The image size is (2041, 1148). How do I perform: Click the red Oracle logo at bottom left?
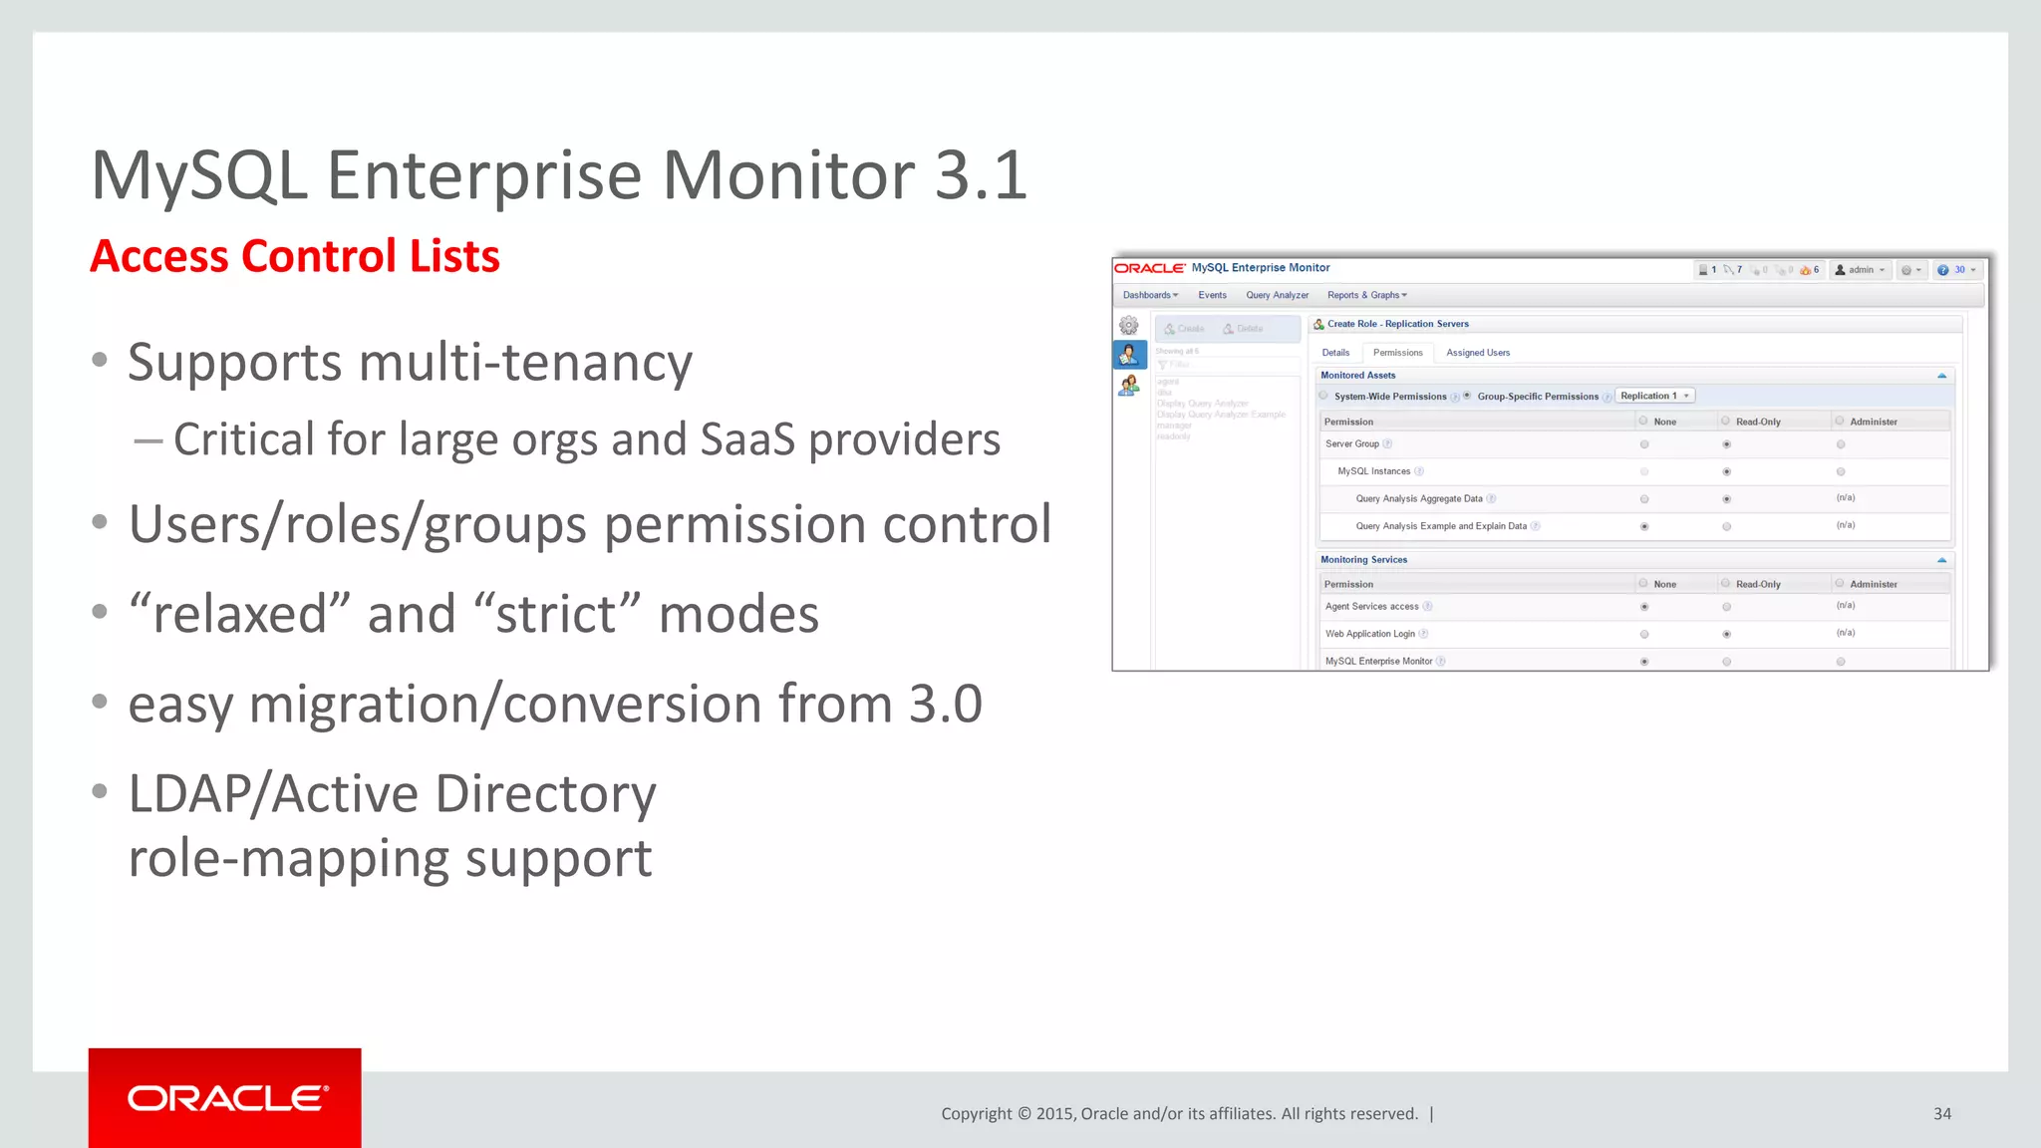point(225,1098)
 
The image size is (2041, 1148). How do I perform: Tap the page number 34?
point(1941,1114)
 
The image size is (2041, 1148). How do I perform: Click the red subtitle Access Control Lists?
point(295,256)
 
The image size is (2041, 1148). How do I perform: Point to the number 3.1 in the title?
point(981,175)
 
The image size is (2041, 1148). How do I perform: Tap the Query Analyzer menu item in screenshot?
point(1277,295)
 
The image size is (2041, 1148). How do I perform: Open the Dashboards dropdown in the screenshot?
point(1150,295)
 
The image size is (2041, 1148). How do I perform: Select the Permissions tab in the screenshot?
point(1397,353)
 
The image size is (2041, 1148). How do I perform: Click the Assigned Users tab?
point(1477,353)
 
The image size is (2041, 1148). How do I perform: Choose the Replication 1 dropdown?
point(1654,396)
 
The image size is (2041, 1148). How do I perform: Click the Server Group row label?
point(1351,444)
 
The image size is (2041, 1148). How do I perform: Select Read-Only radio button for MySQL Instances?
point(1726,471)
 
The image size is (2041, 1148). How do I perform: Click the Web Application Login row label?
point(1369,634)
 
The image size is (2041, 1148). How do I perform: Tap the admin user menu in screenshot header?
point(1860,270)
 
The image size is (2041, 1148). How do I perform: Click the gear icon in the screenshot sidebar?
point(1128,326)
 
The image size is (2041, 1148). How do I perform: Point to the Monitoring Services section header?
point(1363,560)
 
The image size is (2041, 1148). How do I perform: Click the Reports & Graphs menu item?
point(1366,295)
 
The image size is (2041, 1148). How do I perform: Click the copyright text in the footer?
point(1179,1114)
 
